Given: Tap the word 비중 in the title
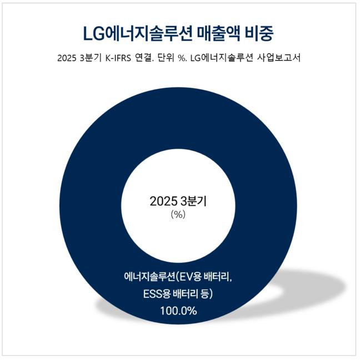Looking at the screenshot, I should click(x=261, y=33).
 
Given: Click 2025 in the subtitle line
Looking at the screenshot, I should click(x=68, y=59).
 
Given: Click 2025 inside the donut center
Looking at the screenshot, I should click(x=162, y=202).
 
